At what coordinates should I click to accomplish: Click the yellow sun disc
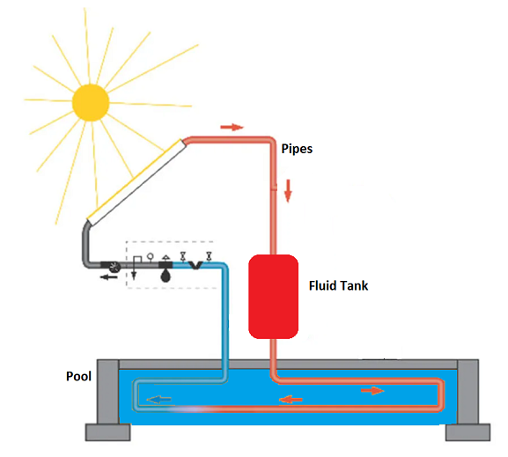pos(91,102)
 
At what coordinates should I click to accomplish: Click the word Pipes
pos(297,149)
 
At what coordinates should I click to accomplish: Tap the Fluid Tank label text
pos(339,285)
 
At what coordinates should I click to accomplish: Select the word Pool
pos(78,376)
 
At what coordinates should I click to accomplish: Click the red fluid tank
pos(273,297)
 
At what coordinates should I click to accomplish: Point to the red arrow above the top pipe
pos(232,127)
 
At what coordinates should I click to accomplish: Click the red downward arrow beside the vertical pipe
pos(288,191)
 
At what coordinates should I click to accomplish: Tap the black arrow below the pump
pos(109,277)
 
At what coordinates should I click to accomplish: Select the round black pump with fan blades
pos(114,267)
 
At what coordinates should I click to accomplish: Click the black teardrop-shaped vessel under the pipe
pos(166,276)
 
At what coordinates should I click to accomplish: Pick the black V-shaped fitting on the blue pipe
pos(195,265)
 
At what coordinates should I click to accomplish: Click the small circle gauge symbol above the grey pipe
pos(150,257)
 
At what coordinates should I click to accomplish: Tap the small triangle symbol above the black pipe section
pos(166,257)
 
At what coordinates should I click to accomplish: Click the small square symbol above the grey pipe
pos(137,259)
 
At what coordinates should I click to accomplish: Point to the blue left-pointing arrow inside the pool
pos(158,400)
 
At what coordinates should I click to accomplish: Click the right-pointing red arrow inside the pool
pos(372,391)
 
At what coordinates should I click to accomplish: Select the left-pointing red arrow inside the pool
pos(291,399)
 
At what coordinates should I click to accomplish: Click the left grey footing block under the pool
pos(108,432)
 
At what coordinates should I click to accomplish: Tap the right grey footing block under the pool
pos(468,432)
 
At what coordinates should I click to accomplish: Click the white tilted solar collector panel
pos(136,182)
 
